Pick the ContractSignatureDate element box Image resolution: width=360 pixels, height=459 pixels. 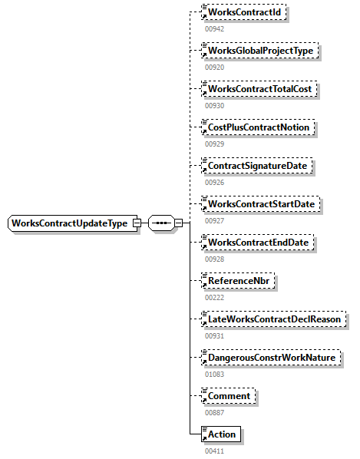click(x=256, y=166)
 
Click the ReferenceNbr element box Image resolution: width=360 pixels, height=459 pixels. click(x=237, y=281)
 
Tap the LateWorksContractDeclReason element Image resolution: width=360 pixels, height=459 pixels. click(x=272, y=319)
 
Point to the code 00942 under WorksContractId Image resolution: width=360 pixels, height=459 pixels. click(x=214, y=28)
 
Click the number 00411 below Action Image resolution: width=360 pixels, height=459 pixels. click(x=214, y=451)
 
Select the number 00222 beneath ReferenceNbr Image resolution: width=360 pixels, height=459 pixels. click(x=214, y=297)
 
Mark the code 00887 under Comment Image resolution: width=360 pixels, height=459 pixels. click(x=214, y=412)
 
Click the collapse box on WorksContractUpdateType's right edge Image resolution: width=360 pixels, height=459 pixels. click(x=136, y=223)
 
